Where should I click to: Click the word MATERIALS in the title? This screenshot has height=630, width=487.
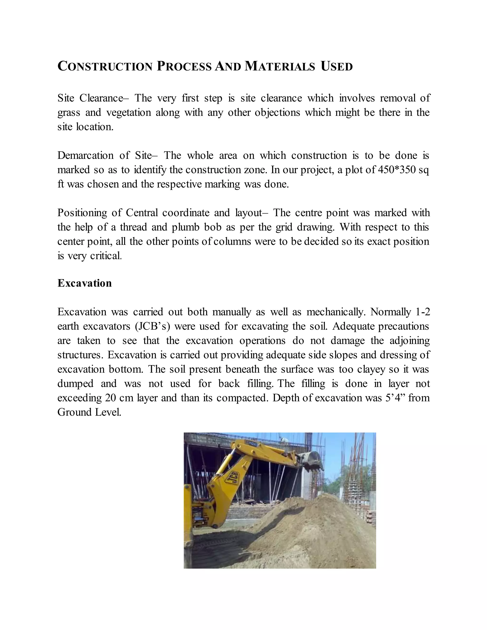coord(280,67)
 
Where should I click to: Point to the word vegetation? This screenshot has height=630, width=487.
coord(128,112)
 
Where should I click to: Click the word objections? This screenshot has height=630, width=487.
coord(277,112)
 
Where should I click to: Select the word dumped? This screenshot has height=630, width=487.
coord(75,383)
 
